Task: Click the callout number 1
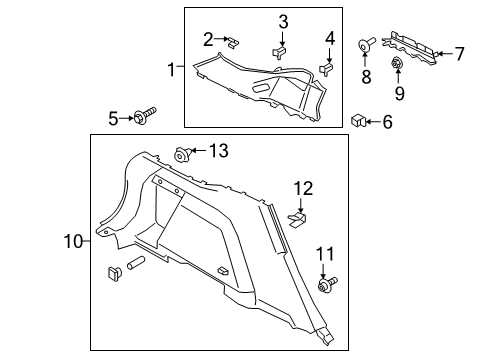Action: pos(172,69)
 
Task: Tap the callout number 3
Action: pos(283,22)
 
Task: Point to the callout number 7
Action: pos(329,39)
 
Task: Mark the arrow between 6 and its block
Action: pos(373,121)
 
